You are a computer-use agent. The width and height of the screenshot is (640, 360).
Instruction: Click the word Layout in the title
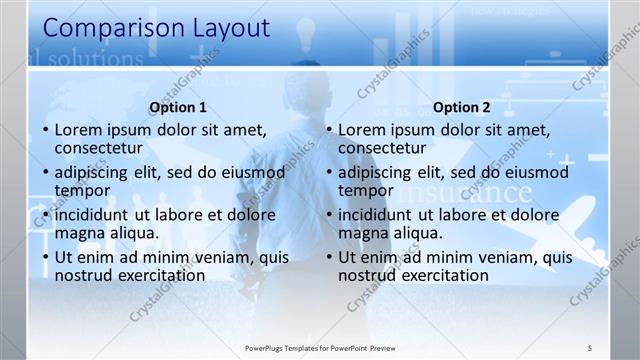(x=225, y=29)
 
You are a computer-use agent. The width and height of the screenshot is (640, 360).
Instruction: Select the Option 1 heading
(x=178, y=108)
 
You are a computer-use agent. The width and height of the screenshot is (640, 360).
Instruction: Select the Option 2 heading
(x=462, y=108)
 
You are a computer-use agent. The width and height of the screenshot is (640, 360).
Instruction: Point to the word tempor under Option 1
(x=82, y=191)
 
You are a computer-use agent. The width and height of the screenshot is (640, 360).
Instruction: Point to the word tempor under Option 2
(x=366, y=191)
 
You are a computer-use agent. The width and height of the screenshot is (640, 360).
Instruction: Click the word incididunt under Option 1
(x=99, y=215)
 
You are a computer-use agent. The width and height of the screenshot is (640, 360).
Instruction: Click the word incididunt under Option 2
(x=383, y=215)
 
